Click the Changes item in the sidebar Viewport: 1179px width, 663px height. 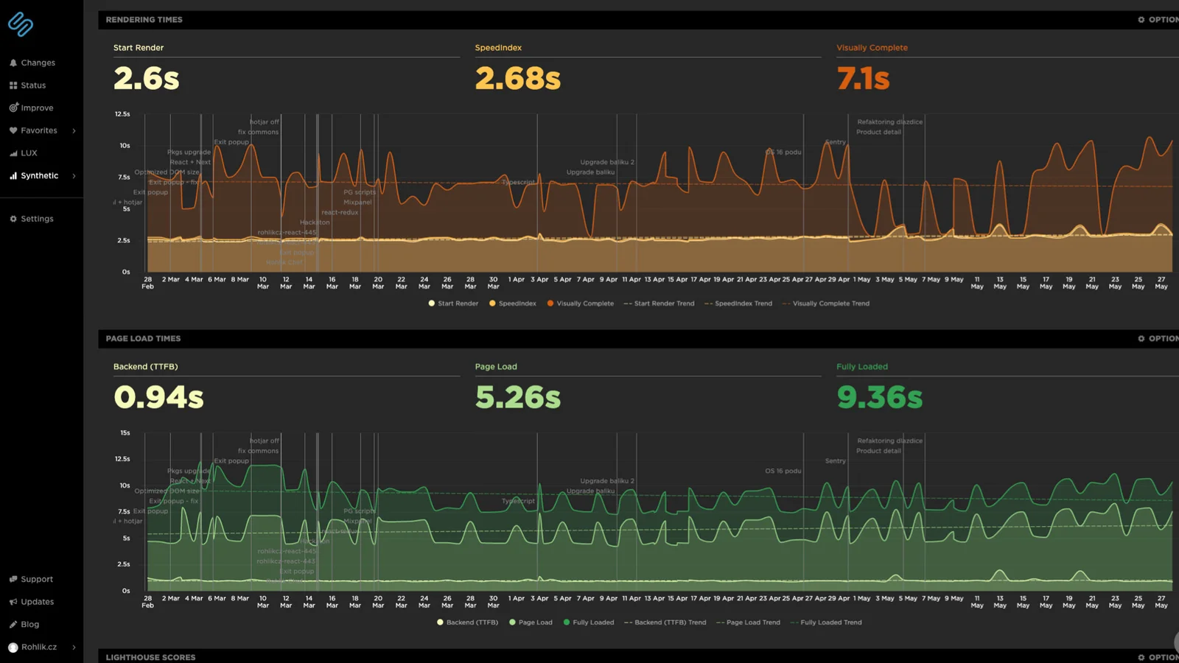point(38,63)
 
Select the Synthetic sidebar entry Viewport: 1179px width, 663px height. point(39,176)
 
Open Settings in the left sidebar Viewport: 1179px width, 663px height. point(37,219)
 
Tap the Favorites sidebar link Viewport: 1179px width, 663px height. point(38,130)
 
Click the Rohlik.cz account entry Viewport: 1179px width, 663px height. point(38,647)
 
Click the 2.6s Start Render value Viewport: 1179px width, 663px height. point(146,79)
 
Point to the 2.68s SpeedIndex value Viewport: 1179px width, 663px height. point(517,79)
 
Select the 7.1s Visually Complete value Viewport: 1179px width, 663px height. point(863,79)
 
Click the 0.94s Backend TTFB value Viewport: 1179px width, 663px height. point(158,398)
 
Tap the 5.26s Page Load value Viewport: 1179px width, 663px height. point(517,398)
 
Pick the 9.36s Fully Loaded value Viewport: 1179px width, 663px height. point(879,398)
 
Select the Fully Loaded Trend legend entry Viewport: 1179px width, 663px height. point(830,622)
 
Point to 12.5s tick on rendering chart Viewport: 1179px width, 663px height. point(122,114)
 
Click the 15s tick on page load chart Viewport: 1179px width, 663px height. point(125,433)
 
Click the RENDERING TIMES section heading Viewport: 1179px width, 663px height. point(144,20)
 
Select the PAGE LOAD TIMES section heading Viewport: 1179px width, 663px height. point(143,339)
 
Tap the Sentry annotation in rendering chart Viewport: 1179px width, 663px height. point(835,142)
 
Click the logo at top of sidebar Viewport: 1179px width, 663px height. point(21,24)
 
